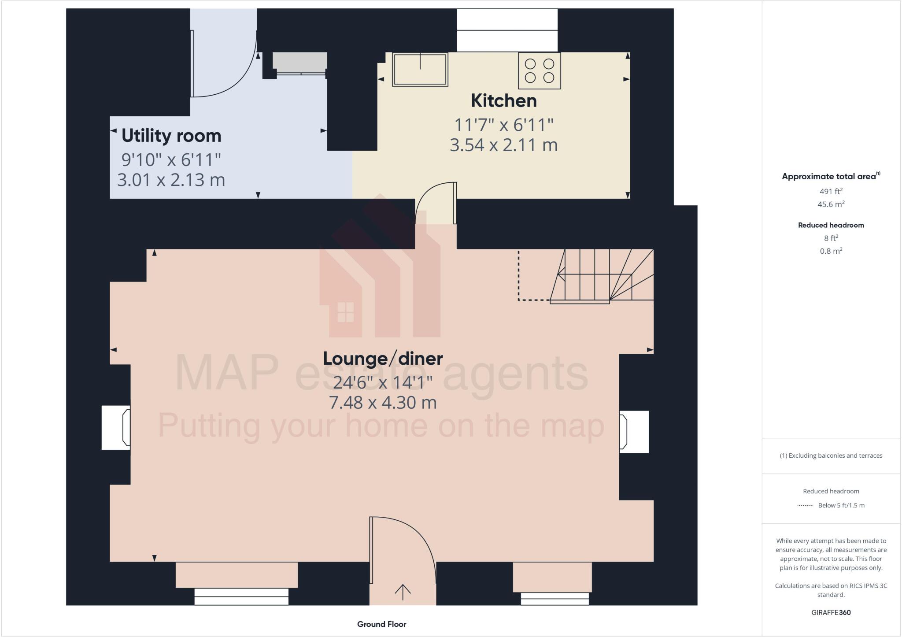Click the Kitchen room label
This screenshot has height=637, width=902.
click(503, 101)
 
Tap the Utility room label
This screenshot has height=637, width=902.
click(171, 136)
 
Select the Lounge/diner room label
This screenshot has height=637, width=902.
click(383, 359)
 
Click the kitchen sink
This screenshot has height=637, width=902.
click(420, 69)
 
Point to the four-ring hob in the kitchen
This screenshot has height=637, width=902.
click(539, 71)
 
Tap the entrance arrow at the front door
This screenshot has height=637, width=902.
click(403, 592)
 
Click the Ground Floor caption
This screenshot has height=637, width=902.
click(381, 624)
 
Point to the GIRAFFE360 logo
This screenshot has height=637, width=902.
click(831, 612)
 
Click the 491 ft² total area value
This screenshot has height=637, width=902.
click(831, 191)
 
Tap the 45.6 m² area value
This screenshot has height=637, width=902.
click(831, 204)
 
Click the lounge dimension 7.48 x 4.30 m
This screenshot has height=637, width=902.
click(383, 403)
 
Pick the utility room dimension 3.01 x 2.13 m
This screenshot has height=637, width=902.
click(171, 180)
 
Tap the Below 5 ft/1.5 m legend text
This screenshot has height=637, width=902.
click(841, 505)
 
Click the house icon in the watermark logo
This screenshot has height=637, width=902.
click(345, 311)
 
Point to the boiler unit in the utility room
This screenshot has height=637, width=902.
click(299, 62)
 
